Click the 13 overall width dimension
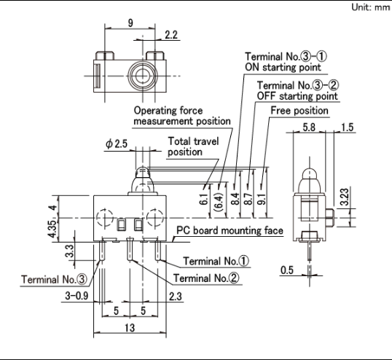[x=130, y=328]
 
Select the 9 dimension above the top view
[x=130, y=23]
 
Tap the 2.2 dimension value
[x=171, y=35]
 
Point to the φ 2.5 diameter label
[x=117, y=144]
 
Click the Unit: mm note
[x=371, y=7]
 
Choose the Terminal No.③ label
[x=54, y=279]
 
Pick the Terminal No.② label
[x=206, y=278]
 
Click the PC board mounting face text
[x=230, y=230]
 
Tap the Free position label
[x=299, y=111]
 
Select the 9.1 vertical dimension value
[x=262, y=199]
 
